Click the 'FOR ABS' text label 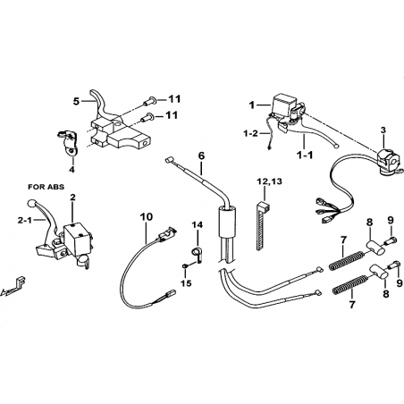pos(46,187)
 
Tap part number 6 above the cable pos(202,156)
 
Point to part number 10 pos(146,216)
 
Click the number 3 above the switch pos(383,130)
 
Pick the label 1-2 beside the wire pos(250,133)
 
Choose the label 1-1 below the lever pos(306,155)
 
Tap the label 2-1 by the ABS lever pos(25,220)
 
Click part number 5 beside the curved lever pos(77,102)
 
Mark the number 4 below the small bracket pos(72,170)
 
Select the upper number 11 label pos(174,99)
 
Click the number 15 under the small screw pos(186,283)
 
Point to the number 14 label pos(198,224)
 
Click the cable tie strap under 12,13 pos(261,225)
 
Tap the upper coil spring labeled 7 pos(347,261)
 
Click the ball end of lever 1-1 pos(336,147)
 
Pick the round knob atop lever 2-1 pos(31,204)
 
